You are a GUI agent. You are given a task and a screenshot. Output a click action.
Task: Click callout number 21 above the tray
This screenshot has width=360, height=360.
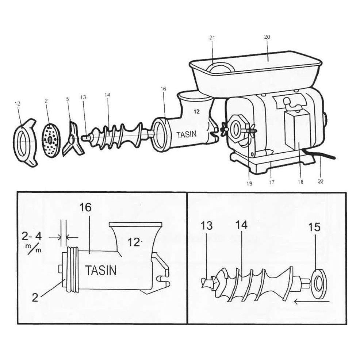point(213,37)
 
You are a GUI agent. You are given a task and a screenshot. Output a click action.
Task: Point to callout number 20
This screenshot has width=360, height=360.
point(267,37)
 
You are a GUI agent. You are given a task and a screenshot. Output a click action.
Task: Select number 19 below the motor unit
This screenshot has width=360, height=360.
point(249,183)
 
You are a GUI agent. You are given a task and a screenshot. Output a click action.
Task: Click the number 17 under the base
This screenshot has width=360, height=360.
point(272,182)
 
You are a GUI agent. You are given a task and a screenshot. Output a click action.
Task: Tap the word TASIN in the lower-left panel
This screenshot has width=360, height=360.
point(101,271)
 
